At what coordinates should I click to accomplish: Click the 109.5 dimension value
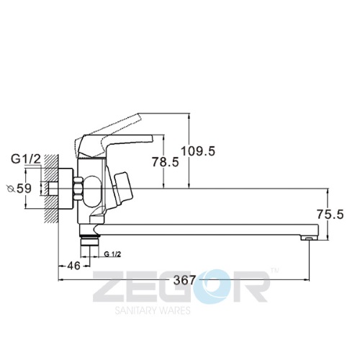coord(198,151)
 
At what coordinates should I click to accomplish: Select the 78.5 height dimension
coord(166,162)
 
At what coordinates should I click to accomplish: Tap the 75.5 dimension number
coord(330,215)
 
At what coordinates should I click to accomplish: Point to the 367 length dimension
coord(184,280)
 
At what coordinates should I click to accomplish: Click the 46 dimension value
coord(73,266)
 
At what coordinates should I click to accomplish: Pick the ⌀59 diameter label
coord(19,189)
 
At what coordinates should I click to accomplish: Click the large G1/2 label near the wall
coord(26,159)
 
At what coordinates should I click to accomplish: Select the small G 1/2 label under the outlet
coord(113,254)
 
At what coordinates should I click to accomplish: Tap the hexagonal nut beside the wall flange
coord(78,189)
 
